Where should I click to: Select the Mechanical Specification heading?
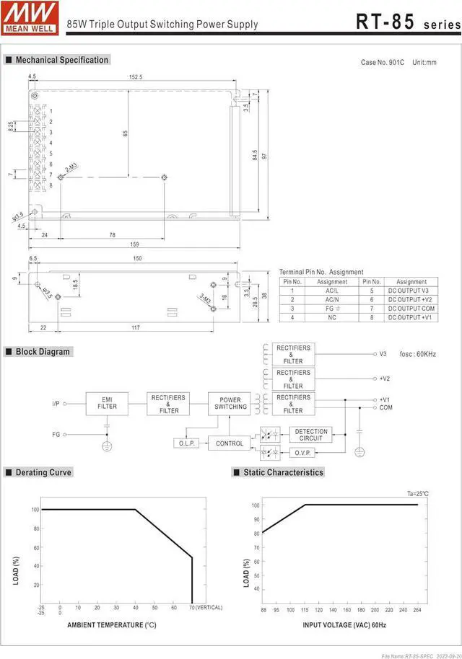(61, 60)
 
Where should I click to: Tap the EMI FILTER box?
(107, 403)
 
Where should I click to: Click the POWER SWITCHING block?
(230, 403)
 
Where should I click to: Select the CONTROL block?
(230, 443)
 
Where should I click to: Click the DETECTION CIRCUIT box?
(311, 435)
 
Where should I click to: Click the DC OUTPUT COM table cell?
(411, 309)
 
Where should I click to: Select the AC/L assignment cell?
(331, 291)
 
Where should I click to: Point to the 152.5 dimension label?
(135, 77)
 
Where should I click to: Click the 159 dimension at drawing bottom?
(134, 244)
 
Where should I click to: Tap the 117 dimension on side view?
(136, 328)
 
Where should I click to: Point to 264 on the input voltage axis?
(417, 609)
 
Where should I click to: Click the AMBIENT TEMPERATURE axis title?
(111, 625)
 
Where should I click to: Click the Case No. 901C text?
(383, 63)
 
